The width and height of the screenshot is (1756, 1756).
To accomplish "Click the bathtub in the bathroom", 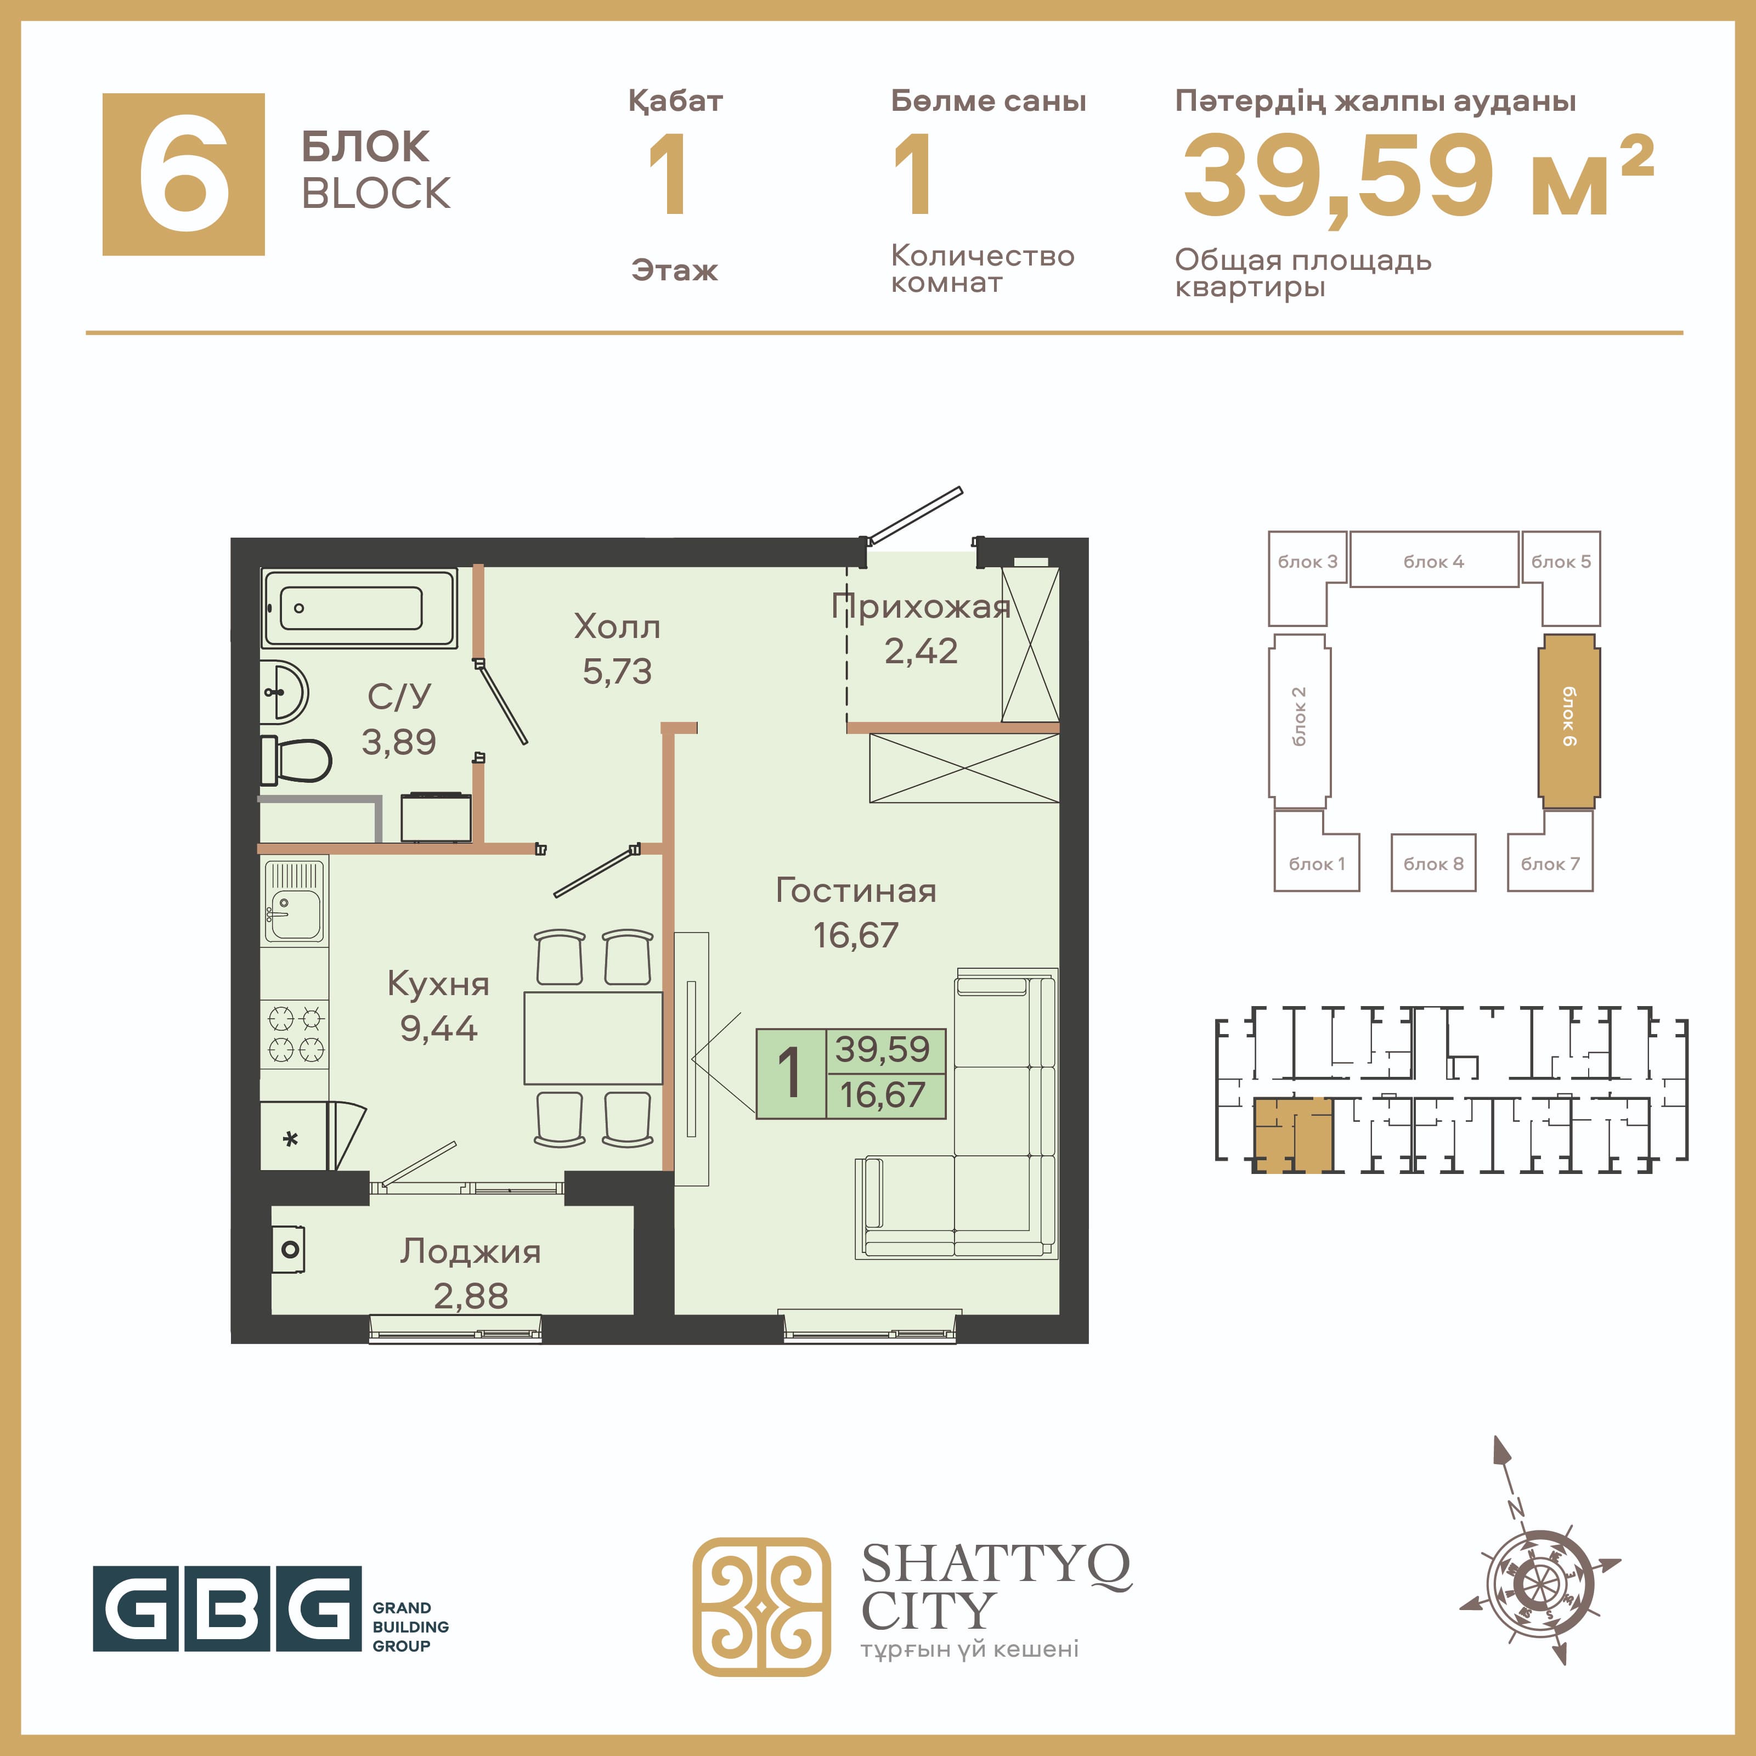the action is (359, 608).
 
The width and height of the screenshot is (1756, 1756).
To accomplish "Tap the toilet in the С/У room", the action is (296, 760).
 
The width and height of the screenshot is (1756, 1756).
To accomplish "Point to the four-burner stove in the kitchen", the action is (295, 1034).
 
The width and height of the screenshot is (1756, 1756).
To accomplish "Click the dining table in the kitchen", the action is (592, 1038).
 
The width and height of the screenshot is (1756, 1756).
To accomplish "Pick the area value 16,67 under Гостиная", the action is (855, 935).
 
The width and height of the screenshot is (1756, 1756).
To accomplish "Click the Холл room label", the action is (617, 626).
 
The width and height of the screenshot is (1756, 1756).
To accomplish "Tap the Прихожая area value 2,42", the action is (921, 651).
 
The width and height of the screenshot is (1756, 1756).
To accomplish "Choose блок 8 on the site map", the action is (1433, 862).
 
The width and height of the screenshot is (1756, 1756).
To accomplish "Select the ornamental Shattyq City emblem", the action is (761, 1606).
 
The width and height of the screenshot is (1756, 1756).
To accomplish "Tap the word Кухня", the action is (438, 984).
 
